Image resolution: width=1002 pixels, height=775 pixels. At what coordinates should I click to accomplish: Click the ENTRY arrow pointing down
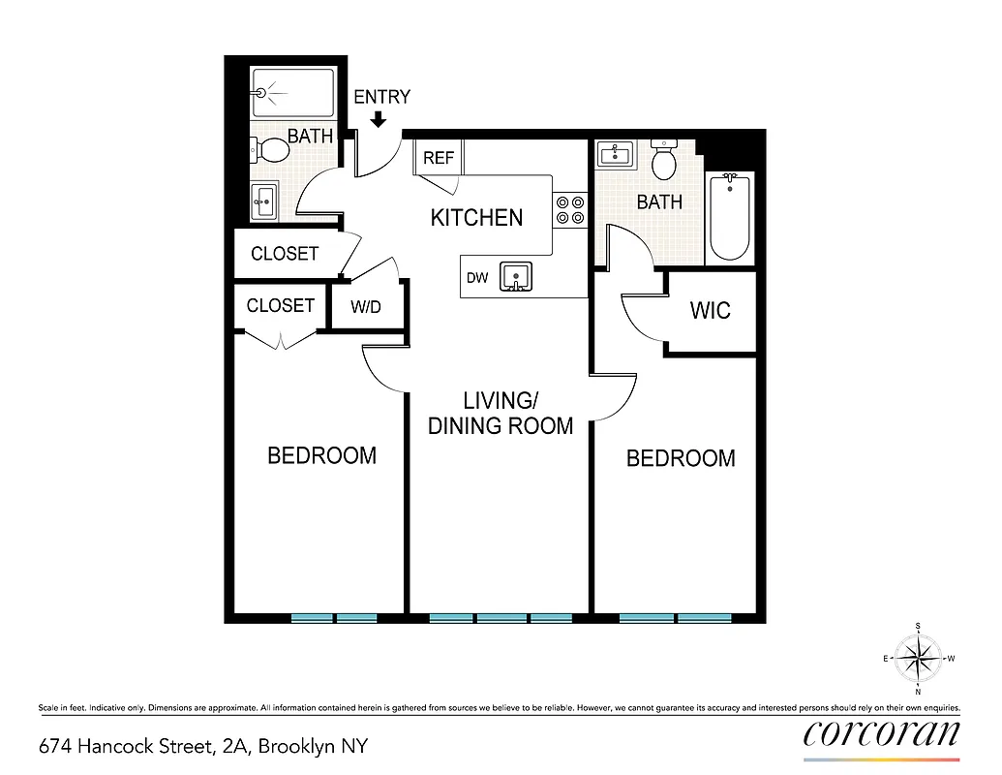[x=379, y=119]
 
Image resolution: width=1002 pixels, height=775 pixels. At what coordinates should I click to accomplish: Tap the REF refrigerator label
[x=439, y=158]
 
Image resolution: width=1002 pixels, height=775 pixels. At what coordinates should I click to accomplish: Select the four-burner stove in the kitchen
[x=569, y=210]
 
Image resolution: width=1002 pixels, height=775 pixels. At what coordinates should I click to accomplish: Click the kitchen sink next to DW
[x=516, y=278]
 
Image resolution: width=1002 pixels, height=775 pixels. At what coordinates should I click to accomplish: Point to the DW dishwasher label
[x=477, y=278]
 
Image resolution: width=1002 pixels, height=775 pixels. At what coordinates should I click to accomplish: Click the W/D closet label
[x=366, y=307]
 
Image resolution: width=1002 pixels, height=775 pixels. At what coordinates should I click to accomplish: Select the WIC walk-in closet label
[x=710, y=311]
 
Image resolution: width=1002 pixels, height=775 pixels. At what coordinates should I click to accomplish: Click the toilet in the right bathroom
[x=664, y=161]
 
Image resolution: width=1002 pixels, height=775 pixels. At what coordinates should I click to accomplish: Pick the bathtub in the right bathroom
[x=729, y=218]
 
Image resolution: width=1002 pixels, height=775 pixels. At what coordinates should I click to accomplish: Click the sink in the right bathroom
[x=615, y=154]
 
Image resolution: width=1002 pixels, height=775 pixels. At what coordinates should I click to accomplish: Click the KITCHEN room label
[x=476, y=218]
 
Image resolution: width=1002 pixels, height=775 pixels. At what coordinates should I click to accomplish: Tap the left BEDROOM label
[x=321, y=455]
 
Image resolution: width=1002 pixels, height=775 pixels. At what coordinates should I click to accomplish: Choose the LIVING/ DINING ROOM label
[x=501, y=413]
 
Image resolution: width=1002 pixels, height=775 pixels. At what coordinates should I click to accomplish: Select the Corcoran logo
[x=881, y=733]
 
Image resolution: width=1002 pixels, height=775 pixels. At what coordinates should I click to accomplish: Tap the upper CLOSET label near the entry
[x=285, y=254]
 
